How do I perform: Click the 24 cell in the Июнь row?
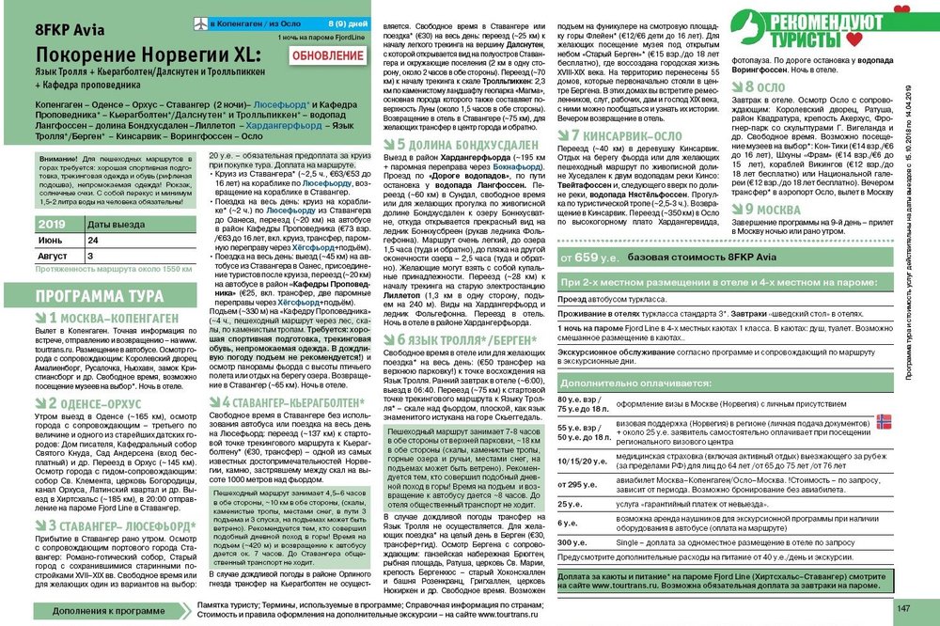click(94, 241)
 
